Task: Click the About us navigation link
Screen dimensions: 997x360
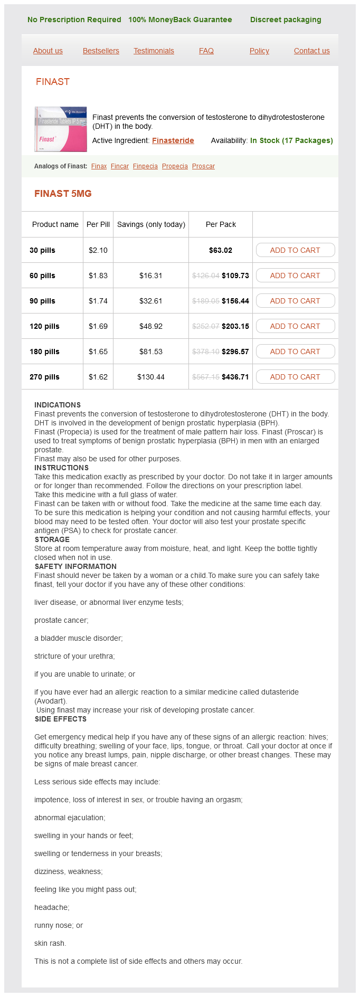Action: click(48, 51)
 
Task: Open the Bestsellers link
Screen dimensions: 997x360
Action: click(101, 51)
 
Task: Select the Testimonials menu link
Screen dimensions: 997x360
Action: click(154, 51)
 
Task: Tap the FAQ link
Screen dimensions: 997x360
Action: click(206, 51)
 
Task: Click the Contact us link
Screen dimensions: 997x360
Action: click(311, 51)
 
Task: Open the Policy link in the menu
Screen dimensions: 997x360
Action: click(259, 51)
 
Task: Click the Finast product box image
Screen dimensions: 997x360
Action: click(61, 129)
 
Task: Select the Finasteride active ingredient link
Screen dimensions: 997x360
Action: click(173, 140)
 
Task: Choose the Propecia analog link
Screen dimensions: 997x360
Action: click(175, 166)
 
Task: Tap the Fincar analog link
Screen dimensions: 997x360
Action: click(120, 166)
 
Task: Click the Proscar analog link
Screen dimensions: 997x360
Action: click(203, 166)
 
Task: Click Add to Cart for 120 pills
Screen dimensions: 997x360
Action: click(295, 326)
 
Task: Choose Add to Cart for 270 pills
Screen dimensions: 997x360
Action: click(295, 377)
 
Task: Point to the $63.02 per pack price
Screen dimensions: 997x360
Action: click(221, 250)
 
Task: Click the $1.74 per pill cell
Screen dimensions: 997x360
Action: click(98, 301)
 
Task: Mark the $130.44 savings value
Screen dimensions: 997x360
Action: click(151, 377)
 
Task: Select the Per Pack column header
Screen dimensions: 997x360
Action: click(221, 224)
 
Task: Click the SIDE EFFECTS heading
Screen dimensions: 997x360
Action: click(61, 719)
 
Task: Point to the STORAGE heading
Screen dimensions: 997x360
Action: click(52, 539)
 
